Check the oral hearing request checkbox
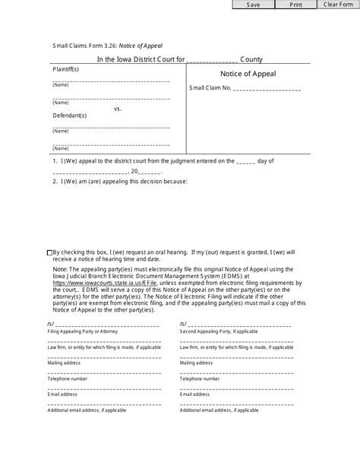[50, 252]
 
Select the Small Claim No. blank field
[266, 89]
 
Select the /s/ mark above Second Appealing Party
[183, 324]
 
